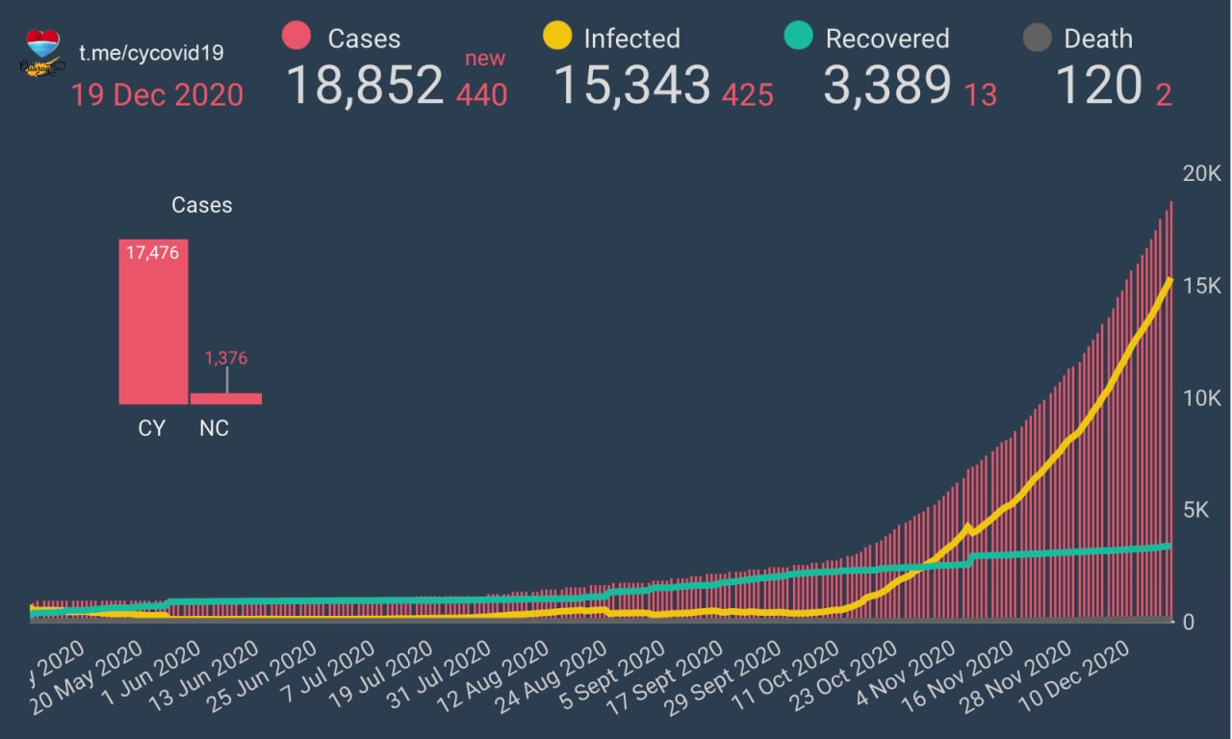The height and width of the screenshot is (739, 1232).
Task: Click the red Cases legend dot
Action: click(x=296, y=38)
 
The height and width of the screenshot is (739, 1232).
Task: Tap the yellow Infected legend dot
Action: click(x=557, y=38)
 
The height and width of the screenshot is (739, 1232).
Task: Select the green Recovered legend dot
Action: click(x=799, y=38)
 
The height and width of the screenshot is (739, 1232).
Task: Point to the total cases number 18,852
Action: click(x=365, y=86)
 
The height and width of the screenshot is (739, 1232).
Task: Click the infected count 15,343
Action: click(x=632, y=86)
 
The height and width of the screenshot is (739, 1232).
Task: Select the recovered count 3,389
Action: click(x=886, y=86)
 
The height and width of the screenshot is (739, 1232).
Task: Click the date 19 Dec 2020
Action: click(x=157, y=95)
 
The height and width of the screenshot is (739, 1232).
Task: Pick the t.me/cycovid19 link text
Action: click(x=151, y=53)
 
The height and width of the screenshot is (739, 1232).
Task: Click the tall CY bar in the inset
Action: click(x=153, y=321)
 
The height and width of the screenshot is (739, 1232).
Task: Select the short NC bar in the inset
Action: click(x=226, y=398)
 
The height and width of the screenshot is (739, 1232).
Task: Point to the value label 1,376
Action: click(x=226, y=358)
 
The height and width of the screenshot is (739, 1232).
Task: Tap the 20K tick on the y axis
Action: click(x=1201, y=174)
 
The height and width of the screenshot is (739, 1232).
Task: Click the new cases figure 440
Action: click(x=482, y=94)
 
